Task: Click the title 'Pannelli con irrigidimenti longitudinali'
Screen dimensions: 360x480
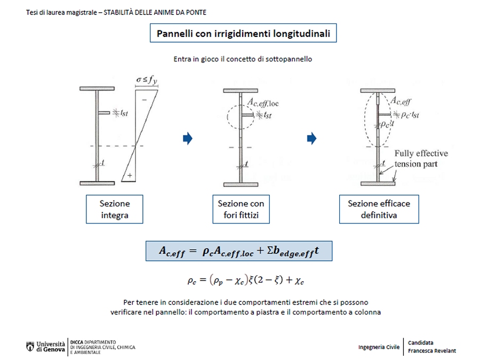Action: tap(243, 34)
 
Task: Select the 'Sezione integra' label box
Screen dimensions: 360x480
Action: tap(114, 209)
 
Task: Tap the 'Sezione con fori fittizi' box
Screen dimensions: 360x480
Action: tap(241, 209)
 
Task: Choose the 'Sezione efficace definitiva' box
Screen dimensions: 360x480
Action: tap(379, 209)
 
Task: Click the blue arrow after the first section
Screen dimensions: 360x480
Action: tap(187, 139)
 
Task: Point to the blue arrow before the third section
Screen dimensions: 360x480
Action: tap(312, 139)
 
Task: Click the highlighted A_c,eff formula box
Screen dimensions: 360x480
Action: tap(239, 251)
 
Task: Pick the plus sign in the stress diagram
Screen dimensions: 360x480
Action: tap(130, 175)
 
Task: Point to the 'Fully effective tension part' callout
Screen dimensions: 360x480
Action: tap(421, 158)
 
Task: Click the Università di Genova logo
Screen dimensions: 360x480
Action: tap(46, 346)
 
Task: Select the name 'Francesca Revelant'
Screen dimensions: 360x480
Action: tap(432, 351)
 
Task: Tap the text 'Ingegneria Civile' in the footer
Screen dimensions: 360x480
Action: tap(379, 347)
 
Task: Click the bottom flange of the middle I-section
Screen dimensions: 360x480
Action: tap(241, 183)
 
